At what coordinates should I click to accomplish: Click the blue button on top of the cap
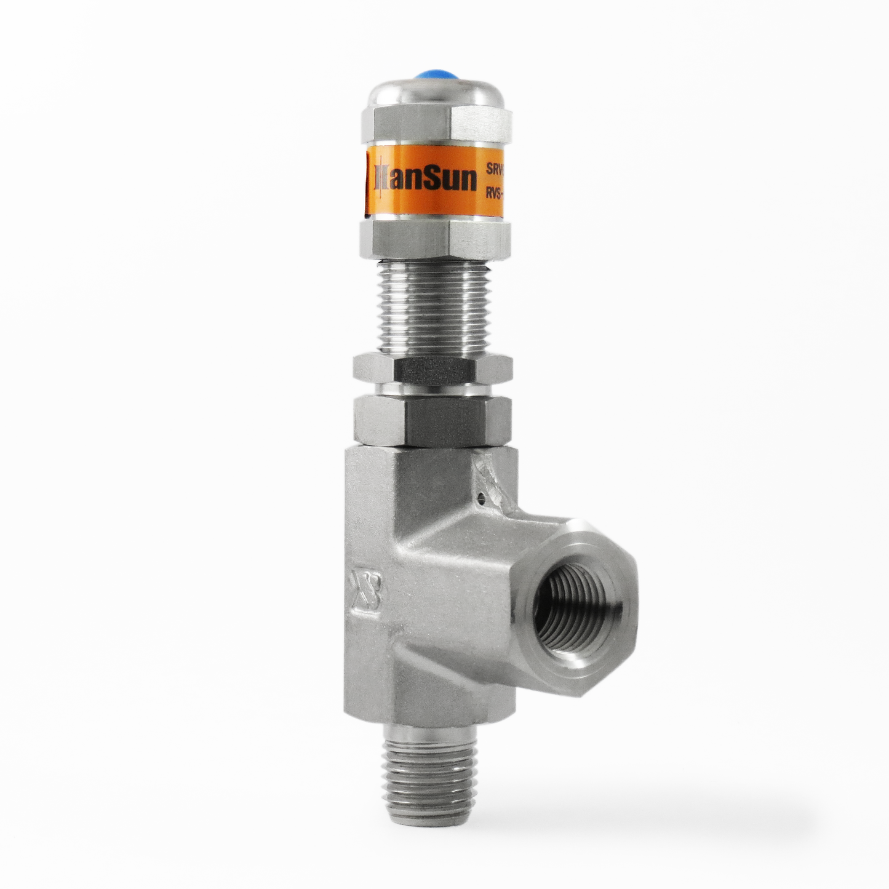436,76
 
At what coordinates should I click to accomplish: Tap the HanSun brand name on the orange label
425,179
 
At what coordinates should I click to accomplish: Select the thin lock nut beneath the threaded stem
433,368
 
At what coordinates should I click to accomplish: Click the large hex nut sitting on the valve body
433,420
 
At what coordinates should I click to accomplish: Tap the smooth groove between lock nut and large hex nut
433,389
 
